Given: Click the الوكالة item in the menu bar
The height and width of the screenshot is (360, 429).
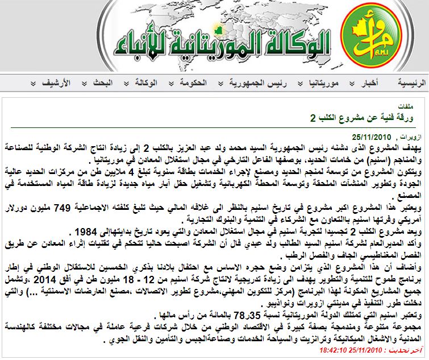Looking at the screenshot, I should [x=145, y=83].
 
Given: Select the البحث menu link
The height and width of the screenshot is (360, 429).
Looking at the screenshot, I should [x=104, y=83].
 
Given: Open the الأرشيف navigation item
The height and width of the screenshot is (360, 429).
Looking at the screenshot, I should [x=57, y=83].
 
